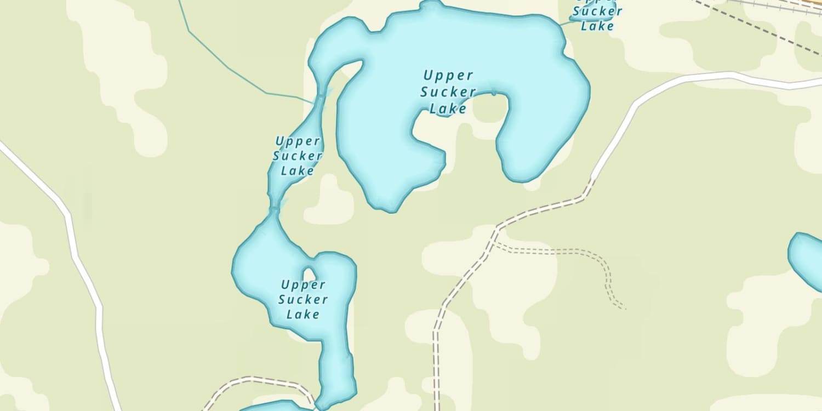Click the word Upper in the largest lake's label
[x=448, y=76]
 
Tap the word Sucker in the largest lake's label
[x=448, y=92]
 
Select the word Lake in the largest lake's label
[x=448, y=109]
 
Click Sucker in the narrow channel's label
[x=298, y=156]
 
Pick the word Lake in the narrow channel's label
[x=298, y=171]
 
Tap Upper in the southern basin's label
[x=303, y=285]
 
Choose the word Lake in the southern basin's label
[x=303, y=315]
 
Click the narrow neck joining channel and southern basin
[x=275, y=210]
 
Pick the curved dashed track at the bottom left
[x=258, y=379]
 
